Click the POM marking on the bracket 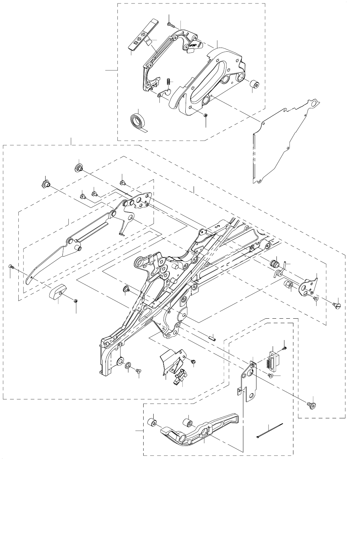[x=194, y=45]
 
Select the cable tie [x=270, y=430]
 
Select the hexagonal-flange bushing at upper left [x=46, y=183]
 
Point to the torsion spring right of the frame [x=281, y=271]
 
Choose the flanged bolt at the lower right [x=312, y=405]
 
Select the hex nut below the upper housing [x=205, y=115]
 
